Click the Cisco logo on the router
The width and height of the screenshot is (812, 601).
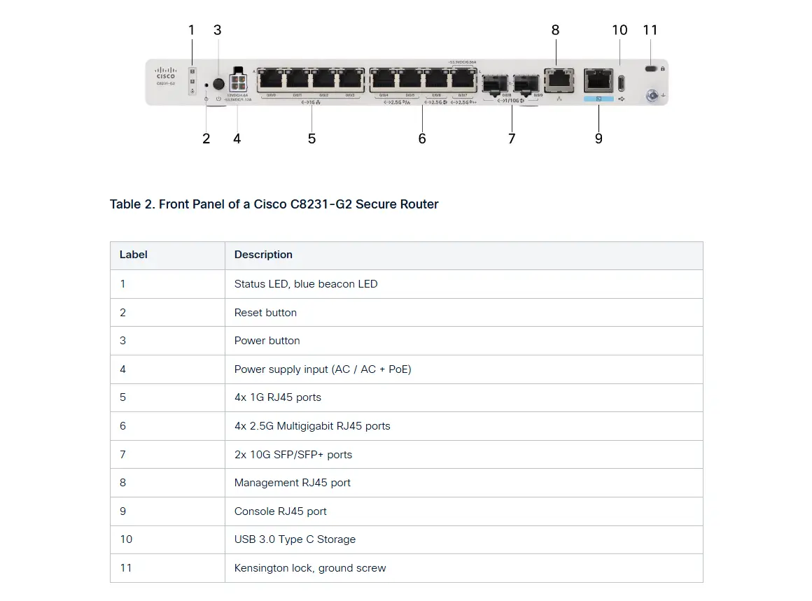(166, 73)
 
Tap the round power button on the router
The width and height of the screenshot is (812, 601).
(218, 85)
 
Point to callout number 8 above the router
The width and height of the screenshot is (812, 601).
(555, 30)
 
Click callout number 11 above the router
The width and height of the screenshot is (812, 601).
(650, 30)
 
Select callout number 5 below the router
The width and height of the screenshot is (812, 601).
(311, 139)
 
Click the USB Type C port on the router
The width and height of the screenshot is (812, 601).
(621, 81)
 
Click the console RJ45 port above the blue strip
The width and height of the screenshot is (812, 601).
(598, 80)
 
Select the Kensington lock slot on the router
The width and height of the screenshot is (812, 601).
(652, 69)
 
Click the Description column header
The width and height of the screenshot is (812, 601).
(263, 255)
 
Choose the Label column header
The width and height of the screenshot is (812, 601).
(134, 255)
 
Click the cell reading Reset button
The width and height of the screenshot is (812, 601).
(265, 313)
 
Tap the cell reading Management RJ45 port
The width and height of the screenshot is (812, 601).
(293, 483)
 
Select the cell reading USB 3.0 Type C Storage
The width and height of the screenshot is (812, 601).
(295, 539)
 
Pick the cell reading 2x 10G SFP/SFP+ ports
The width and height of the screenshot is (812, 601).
(293, 455)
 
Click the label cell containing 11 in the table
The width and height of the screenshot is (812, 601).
(126, 568)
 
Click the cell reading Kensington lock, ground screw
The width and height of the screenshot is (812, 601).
(310, 568)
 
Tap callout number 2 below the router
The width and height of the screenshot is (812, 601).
(206, 139)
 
